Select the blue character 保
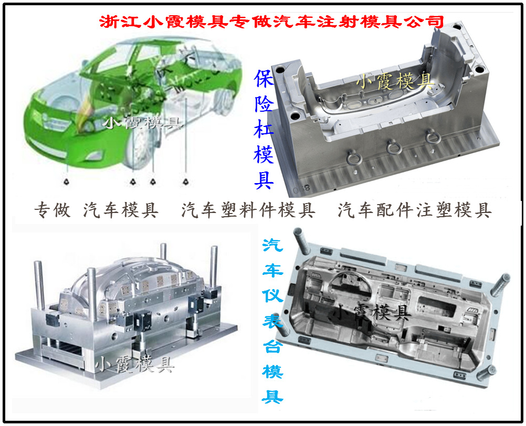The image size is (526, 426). click(x=264, y=79)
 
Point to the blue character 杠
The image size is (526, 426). click(x=264, y=130)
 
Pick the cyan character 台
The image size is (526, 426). click(x=272, y=346)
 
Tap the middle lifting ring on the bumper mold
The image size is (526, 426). click(x=394, y=147)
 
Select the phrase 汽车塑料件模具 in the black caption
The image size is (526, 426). click(x=248, y=210)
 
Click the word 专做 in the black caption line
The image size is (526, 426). click(x=52, y=210)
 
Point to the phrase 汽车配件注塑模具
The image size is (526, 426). click(x=415, y=210)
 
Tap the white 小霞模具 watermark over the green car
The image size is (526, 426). click(x=143, y=123)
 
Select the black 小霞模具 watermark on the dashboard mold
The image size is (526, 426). click(x=372, y=313)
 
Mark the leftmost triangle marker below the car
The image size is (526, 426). click(x=67, y=182)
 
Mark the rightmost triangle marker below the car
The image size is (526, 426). click(x=185, y=182)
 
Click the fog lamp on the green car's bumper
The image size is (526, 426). click(x=94, y=155)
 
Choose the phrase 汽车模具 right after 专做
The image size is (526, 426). click(x=121, y=210)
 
